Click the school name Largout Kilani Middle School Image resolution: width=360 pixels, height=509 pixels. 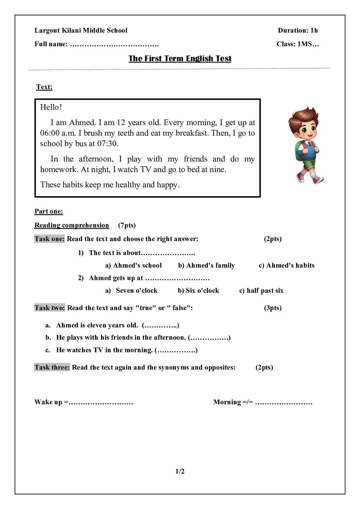tap(81, 30)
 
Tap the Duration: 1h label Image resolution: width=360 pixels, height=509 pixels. tap(298, 30)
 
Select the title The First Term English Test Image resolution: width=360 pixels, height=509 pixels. tap(180, 58)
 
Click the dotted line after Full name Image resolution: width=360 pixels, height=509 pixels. tap(114, 44)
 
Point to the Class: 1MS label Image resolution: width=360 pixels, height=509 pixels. tap(298, 44)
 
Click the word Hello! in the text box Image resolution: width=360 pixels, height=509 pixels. tap(51, 107)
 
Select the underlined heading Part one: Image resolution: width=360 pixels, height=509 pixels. tap(49, 211)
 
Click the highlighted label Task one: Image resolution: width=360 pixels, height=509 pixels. tap(49, 239)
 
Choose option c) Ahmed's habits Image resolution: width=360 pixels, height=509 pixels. tap(287, 265)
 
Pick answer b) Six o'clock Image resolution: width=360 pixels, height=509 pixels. tap(198, 290)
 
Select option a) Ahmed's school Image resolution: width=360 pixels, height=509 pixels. tap(133, 265)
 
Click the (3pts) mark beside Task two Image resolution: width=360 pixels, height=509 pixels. tap(273, 308)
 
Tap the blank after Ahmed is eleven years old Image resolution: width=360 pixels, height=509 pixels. tap(160, 325)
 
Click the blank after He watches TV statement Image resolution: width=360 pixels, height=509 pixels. tap(176, 350)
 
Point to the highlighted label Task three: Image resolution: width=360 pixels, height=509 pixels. tap(52, 367)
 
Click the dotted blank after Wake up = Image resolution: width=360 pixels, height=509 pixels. tap(101, 402)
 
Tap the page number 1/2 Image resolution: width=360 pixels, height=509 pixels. tap(180, 471)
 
